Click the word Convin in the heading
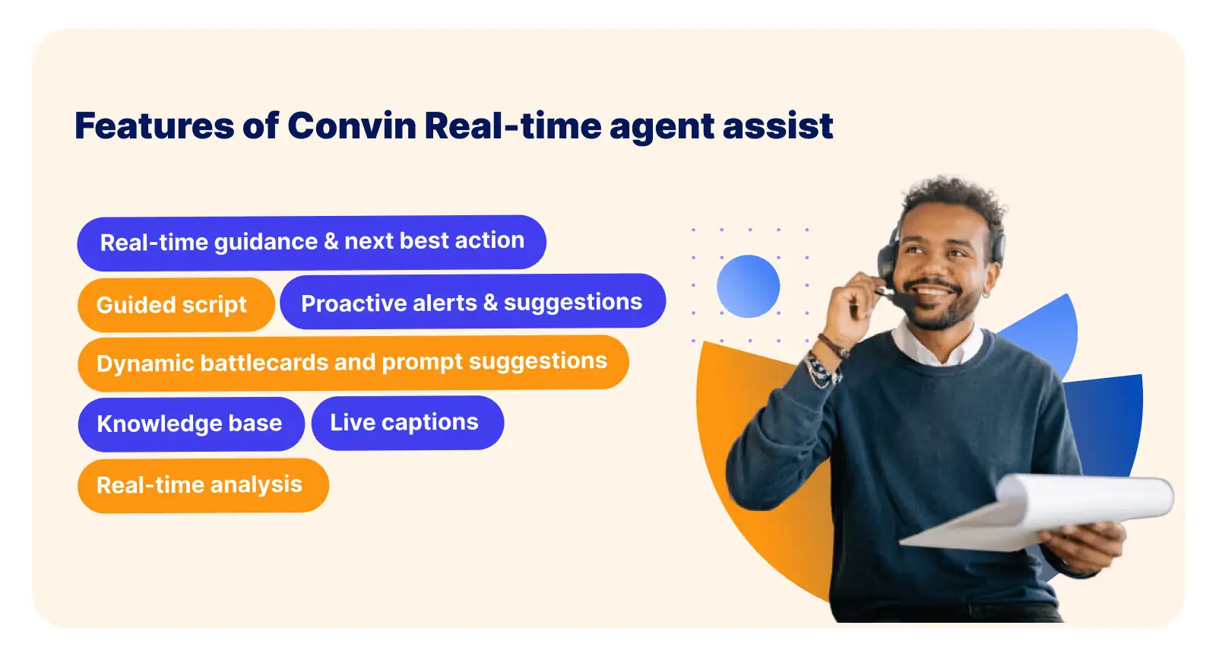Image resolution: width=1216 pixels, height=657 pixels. [x=351, y=125]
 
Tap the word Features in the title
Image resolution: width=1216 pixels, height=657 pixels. [x=154, y=125]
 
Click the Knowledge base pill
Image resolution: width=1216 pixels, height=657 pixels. [x=191, y=424]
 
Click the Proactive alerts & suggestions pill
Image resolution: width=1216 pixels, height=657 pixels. [x=472, y=302]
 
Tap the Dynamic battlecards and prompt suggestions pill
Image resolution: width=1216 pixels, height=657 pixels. [x=353, y=362]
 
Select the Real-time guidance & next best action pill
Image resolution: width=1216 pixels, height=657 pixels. [x=312, y=242]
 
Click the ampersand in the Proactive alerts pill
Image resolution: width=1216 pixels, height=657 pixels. [x=490, y=303]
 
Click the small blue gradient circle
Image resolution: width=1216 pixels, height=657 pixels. [x=749, y=286]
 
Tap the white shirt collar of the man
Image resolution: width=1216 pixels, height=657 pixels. [x=935, y=346]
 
